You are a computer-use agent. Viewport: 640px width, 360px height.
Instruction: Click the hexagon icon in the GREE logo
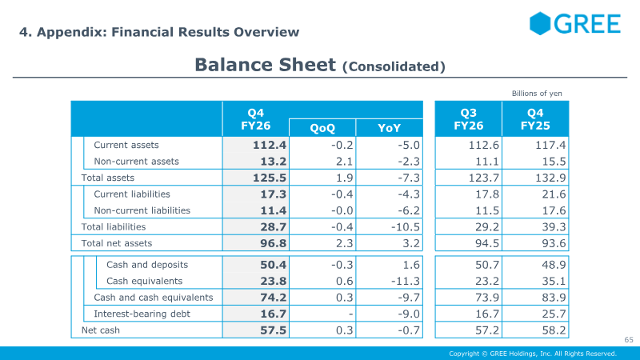pyautogui.click(x=540, y=23)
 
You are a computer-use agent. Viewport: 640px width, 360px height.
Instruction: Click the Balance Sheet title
pyautogui.click(x=319, y=65)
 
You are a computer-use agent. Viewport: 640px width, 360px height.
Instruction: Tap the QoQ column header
pyautogui.click(x=322, y=128)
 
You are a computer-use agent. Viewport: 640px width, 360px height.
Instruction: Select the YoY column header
pyautogui.click(x=389, y=128)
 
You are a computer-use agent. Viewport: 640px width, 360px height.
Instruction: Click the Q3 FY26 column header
pyautogui.click(x=469, y=119)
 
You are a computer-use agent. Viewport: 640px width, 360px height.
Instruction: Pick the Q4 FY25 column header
pyautogui.click(x=535, y=119)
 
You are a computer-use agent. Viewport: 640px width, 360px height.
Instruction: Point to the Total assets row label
pyautogui.click(x=108, y=178)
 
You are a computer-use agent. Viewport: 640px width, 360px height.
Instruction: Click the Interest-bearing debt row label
pyautogui.click(x=142, y=314)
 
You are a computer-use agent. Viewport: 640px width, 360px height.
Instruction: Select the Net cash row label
pyautogui.click(x=101, y=330)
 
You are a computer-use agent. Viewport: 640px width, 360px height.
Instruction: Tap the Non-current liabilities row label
pyautogui.click(x=142, y=210)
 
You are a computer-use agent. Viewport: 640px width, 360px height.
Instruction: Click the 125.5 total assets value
pyautogui.click(x=270, y=178)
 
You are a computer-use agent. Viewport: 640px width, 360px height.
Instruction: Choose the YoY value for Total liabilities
pyautogui.click(x=406, y=226)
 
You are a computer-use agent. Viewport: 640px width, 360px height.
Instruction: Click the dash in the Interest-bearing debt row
pyautogui.click(x=350, y=314)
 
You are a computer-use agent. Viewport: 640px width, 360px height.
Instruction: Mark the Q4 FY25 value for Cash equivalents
pyautogui.click(x=554, y=281)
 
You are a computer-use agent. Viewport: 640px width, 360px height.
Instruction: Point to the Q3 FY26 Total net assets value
pyautogui.click(x=487, y=243)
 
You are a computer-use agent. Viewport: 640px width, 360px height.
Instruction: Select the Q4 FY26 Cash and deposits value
pyautogui.click(x=273, y=265)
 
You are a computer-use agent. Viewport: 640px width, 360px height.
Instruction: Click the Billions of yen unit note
pyautogui.click(x=537, y=94)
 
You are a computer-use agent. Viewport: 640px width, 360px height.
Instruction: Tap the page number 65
pyautogui.click(x=629, y=339)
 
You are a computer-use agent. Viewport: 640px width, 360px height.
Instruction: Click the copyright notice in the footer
pyautogui.click(x=533, y=354)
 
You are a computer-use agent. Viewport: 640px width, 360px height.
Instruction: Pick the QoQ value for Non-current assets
pyautogui.click(x=344, y=162)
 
